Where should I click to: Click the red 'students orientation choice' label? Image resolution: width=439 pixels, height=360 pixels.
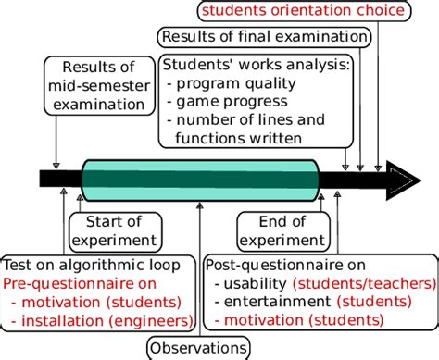pyautogui.click(x=302, y=11)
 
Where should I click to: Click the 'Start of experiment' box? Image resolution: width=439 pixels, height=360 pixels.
pyautogui.click(x=112, y=230)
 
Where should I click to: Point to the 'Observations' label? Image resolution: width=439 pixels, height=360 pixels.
pyautogui.click(x=198, y=348)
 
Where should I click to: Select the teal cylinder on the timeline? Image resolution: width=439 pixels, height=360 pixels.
pyautogui.click(x=199, y=179)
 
